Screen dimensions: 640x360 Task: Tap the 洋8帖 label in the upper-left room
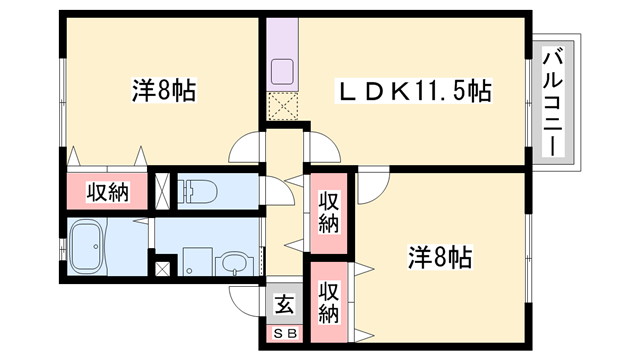pos(164,91)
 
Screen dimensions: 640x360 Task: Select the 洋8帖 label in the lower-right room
pos(441,256)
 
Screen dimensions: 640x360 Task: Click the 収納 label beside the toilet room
pos(107,191)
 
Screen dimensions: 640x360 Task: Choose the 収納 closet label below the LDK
pos(329,212)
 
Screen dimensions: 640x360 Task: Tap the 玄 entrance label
pos(283,303)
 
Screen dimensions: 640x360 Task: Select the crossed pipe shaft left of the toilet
pos(162,190)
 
